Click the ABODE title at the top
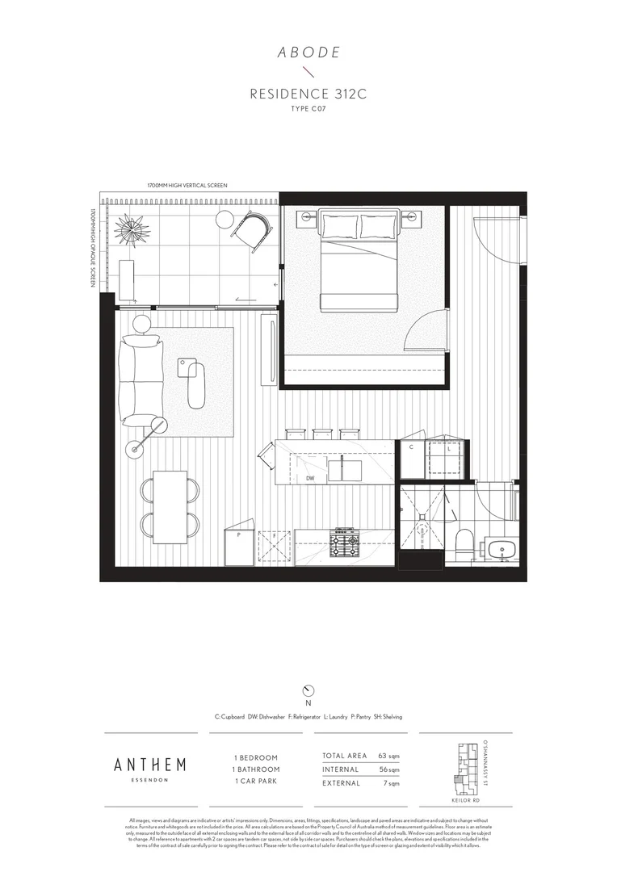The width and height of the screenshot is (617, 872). point(308,52)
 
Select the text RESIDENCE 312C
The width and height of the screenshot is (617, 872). point(308,94)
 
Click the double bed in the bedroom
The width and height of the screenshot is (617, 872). point(360,258)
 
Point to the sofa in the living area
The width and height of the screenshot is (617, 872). point(141,379)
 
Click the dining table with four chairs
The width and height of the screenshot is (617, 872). point(170,506)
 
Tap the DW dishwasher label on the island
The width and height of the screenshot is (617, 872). point(309,478)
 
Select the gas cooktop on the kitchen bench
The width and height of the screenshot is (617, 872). point(345,543)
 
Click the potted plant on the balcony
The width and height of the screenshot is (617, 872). point(132,228)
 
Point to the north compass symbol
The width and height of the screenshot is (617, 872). point(308,690)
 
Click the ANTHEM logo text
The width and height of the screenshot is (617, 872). point(150,764)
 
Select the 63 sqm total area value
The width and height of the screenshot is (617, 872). point(388,756)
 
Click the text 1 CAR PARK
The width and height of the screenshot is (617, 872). point(255,782)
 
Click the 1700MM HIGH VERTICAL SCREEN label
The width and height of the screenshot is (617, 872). point(187,186)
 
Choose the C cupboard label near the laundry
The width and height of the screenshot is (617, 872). point(411,446)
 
